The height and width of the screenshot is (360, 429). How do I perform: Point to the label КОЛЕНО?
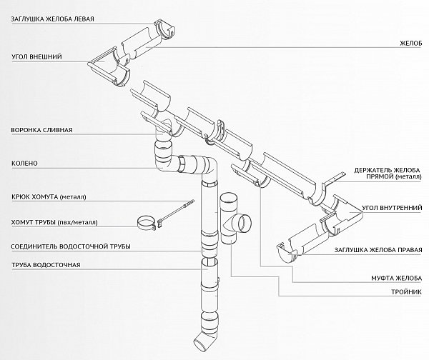24,163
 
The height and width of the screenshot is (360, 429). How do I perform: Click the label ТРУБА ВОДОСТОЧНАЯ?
49,265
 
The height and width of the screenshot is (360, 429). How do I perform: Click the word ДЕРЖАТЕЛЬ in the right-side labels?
375,171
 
